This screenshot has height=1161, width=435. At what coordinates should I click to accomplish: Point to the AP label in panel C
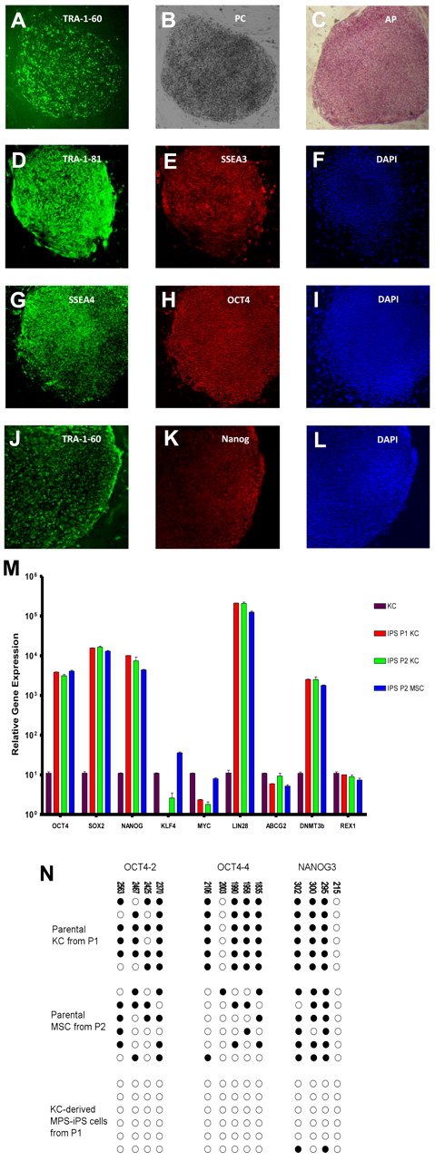pos(371,16)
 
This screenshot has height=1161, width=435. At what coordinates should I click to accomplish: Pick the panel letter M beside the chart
pos(14,570)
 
